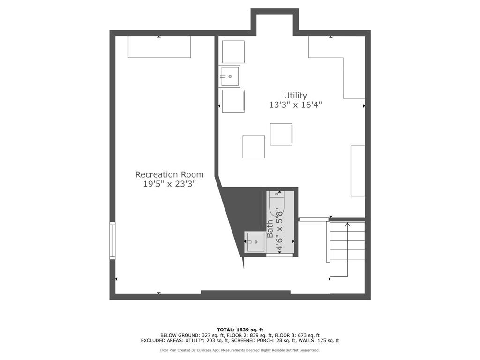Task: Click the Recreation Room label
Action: [x=169, y=174]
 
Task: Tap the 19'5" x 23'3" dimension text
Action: [x=169, y=184]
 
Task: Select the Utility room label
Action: [x=295, y=96]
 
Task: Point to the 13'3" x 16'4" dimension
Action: [x=295, y=105]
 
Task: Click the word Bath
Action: [x=270, y=229]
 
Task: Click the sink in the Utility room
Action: [x=230, y=76]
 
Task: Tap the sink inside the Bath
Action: [x=255, y=241]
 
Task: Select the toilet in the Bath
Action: [x=277, y=202]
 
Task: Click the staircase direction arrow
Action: [x=347, y=225]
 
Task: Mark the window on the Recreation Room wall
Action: [x=112, y=240]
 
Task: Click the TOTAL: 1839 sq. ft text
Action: [x=240, y=330]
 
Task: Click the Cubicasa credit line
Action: [x=240, y=350]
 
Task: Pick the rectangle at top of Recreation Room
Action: [x=159, y=47]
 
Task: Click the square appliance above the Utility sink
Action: [x=233, y=52]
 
